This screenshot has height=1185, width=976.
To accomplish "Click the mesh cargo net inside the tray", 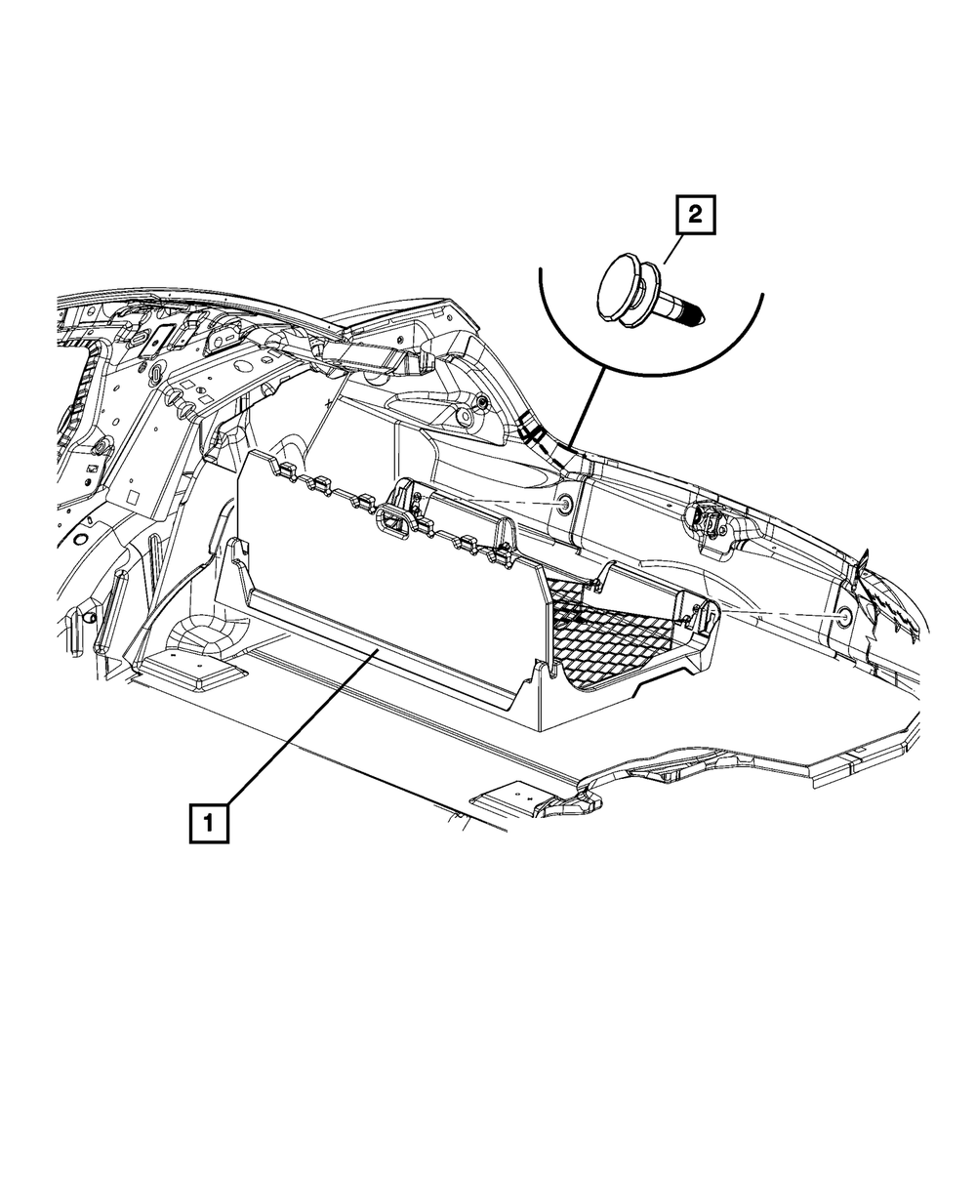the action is point(605,634).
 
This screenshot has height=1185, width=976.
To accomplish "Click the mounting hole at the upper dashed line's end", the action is point(564,504).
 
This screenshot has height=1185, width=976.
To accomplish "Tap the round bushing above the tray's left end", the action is point(481,403).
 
